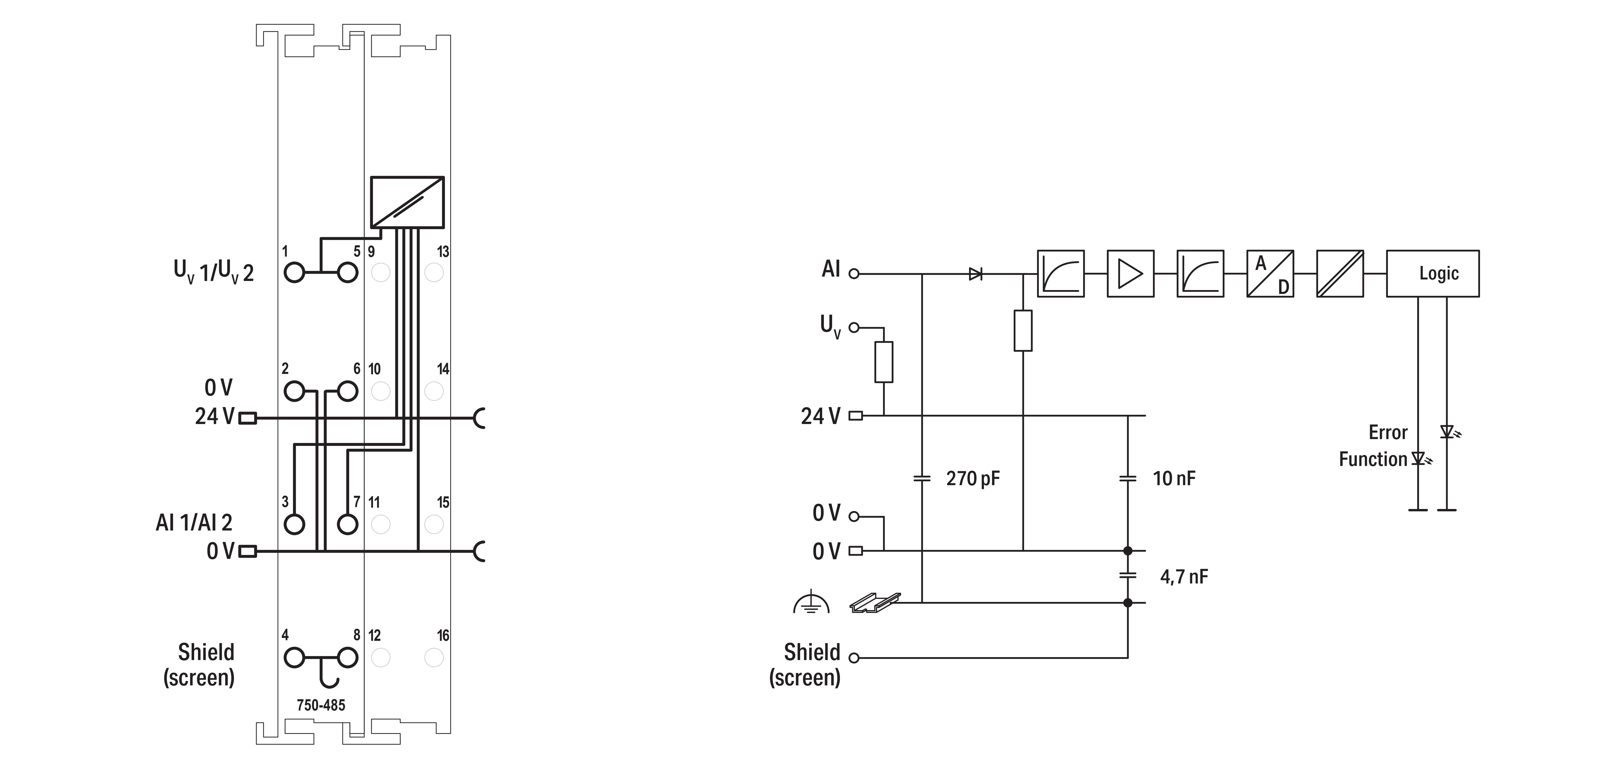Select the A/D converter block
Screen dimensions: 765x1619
click(1270, 273)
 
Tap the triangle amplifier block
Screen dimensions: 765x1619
click(1130, 273)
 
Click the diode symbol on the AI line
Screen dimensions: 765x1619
click(976, 273)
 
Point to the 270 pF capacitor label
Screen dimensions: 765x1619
click(972, 478)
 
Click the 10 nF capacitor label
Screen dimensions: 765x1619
click(1173, 478)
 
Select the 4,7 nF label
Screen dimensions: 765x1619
click(1183, 576)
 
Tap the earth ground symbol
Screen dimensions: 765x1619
click(811, 603)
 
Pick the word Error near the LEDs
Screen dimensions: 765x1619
click(1388, 432)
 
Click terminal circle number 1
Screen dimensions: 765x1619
click(294, 273)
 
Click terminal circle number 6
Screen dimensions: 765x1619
click(348, 391)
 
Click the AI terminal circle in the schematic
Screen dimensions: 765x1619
click(853, 273)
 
